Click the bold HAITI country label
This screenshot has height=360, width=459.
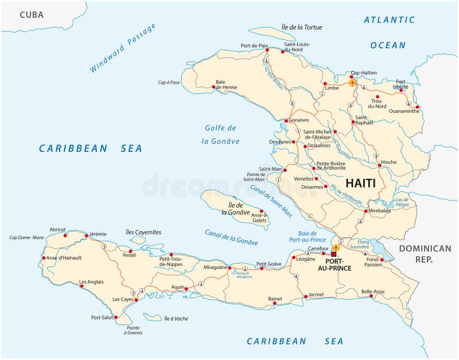coord(360,183)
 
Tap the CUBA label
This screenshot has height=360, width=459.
coord(32,14)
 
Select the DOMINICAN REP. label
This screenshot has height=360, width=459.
coord(425,253)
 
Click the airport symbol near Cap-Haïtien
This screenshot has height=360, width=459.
coord(352,83)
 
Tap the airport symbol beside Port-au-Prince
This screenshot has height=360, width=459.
coord(336,248)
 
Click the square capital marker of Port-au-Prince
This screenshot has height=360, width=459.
coord(334,254)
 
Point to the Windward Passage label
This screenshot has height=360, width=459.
coord(122,48)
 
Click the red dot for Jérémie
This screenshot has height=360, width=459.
coord(86,235)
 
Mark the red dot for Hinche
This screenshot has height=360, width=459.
coord(379,166)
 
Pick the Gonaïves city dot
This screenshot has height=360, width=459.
coord(285,120)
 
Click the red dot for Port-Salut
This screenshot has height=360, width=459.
coord(115,317)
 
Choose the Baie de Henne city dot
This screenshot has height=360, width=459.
coord(213,87)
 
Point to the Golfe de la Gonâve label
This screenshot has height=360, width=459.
coord(221,134)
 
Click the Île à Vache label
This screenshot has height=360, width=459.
coord(176,318)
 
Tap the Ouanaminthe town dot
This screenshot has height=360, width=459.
coord(417,107)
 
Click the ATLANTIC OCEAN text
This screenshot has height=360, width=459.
coord(388,32)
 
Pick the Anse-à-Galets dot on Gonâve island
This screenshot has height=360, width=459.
coord(262,210)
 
